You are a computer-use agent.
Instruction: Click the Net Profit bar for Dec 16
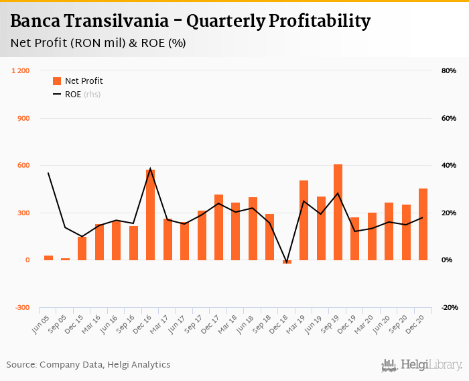pyautogui.click(x=151, y=215)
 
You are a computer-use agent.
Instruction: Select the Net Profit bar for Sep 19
pyautogui.click(x=338, y=212)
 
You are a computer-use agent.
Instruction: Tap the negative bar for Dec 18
pyautogui.click(x=287, y=262)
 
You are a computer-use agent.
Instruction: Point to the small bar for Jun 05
pyautogui.click(x=48, y=258)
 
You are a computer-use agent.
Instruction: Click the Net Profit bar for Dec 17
pyautogui.click(x=218, y=227)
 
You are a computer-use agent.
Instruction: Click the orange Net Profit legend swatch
pyautogui.click(x=57, y=81)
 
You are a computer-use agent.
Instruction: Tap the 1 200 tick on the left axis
pyautogui.click(x=21, y=71)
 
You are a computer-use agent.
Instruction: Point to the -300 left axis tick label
pyautogui.click(x=22, y=307)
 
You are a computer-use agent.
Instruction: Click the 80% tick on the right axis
pyautogui.click(x=448, y=71)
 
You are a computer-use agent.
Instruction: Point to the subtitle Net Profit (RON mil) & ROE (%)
pyautogui.click(x=98, y=43)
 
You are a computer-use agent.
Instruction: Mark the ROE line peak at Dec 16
pyautogui.click(x=151, y=168)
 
